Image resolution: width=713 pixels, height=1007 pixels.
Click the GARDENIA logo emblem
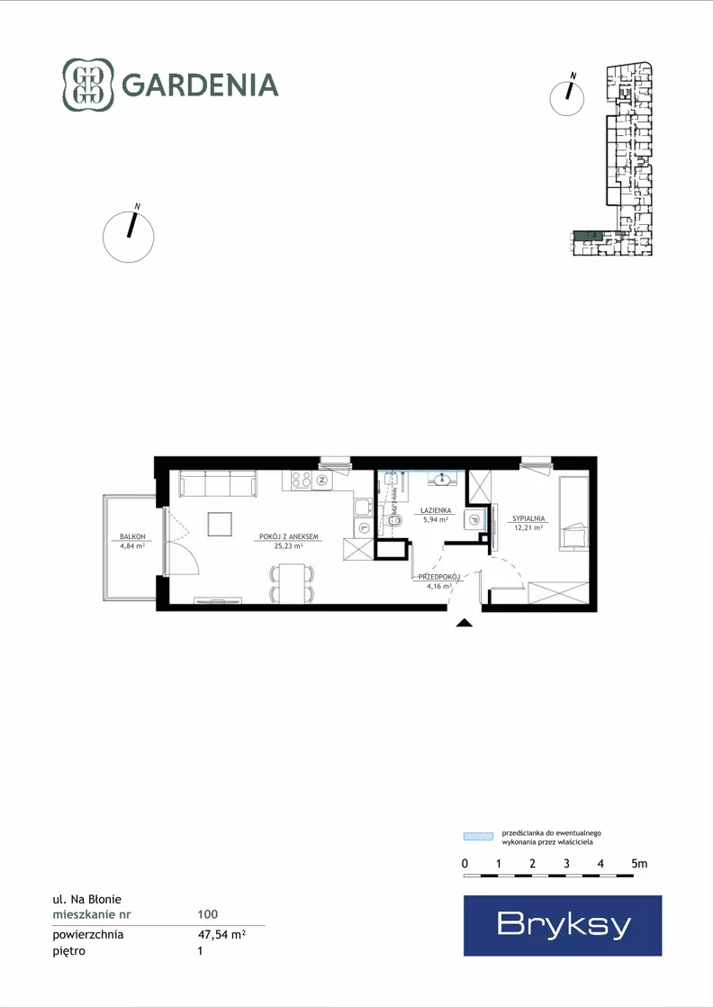(x=88, y=85)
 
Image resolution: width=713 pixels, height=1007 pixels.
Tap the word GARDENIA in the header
(x=200, y=85)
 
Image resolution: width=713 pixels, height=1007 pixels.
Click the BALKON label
(x=132, y=537)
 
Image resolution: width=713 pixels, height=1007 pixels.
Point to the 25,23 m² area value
(x=288, y=546)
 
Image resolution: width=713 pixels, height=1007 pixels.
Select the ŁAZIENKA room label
(x=436, y=510)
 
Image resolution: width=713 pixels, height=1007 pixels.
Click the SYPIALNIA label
(x=528, y=519)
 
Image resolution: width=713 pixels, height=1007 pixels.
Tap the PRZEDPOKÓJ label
(x=439, y=577)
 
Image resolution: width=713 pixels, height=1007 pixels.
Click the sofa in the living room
(x=218, y=483)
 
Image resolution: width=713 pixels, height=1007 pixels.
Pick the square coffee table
(x=221, y=524)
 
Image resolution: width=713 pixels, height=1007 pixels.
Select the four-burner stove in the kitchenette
(x=302, y=480)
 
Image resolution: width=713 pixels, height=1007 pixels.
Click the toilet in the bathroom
(x=392, y=521)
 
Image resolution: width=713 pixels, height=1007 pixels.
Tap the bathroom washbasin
(x=443, y=480)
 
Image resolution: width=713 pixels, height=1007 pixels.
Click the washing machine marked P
(x=474, y=520)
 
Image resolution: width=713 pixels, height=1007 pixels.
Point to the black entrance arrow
(x=464, y=622)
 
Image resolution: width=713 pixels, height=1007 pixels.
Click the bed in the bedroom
(x=573, y=514)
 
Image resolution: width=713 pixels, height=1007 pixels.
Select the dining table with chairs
(x=293, y=584)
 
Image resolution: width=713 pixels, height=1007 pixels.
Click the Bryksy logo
(x=563, y=925)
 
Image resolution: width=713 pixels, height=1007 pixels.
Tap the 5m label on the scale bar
(x=639, y=864)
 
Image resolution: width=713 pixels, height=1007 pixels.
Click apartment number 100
(x=207, y=914)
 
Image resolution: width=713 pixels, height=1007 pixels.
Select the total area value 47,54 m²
(x=221, y=934)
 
